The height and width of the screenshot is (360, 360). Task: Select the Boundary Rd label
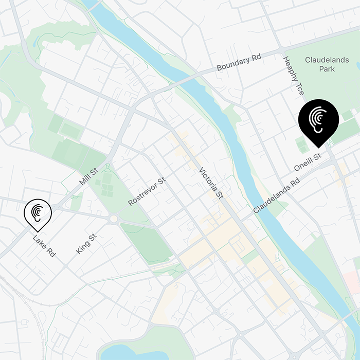tap(239, 64)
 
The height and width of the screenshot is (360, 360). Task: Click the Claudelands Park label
tap(327, 64)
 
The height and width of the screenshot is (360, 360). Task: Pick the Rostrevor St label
tap(148, 189)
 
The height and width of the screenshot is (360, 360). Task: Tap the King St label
tap(86, 244)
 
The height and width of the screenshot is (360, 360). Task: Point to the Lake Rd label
tap(44, 246)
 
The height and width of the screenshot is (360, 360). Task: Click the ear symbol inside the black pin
tap(318, 118)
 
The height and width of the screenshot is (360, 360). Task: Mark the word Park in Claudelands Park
tap(327, 69)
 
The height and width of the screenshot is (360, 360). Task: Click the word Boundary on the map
tap(232, 66)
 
